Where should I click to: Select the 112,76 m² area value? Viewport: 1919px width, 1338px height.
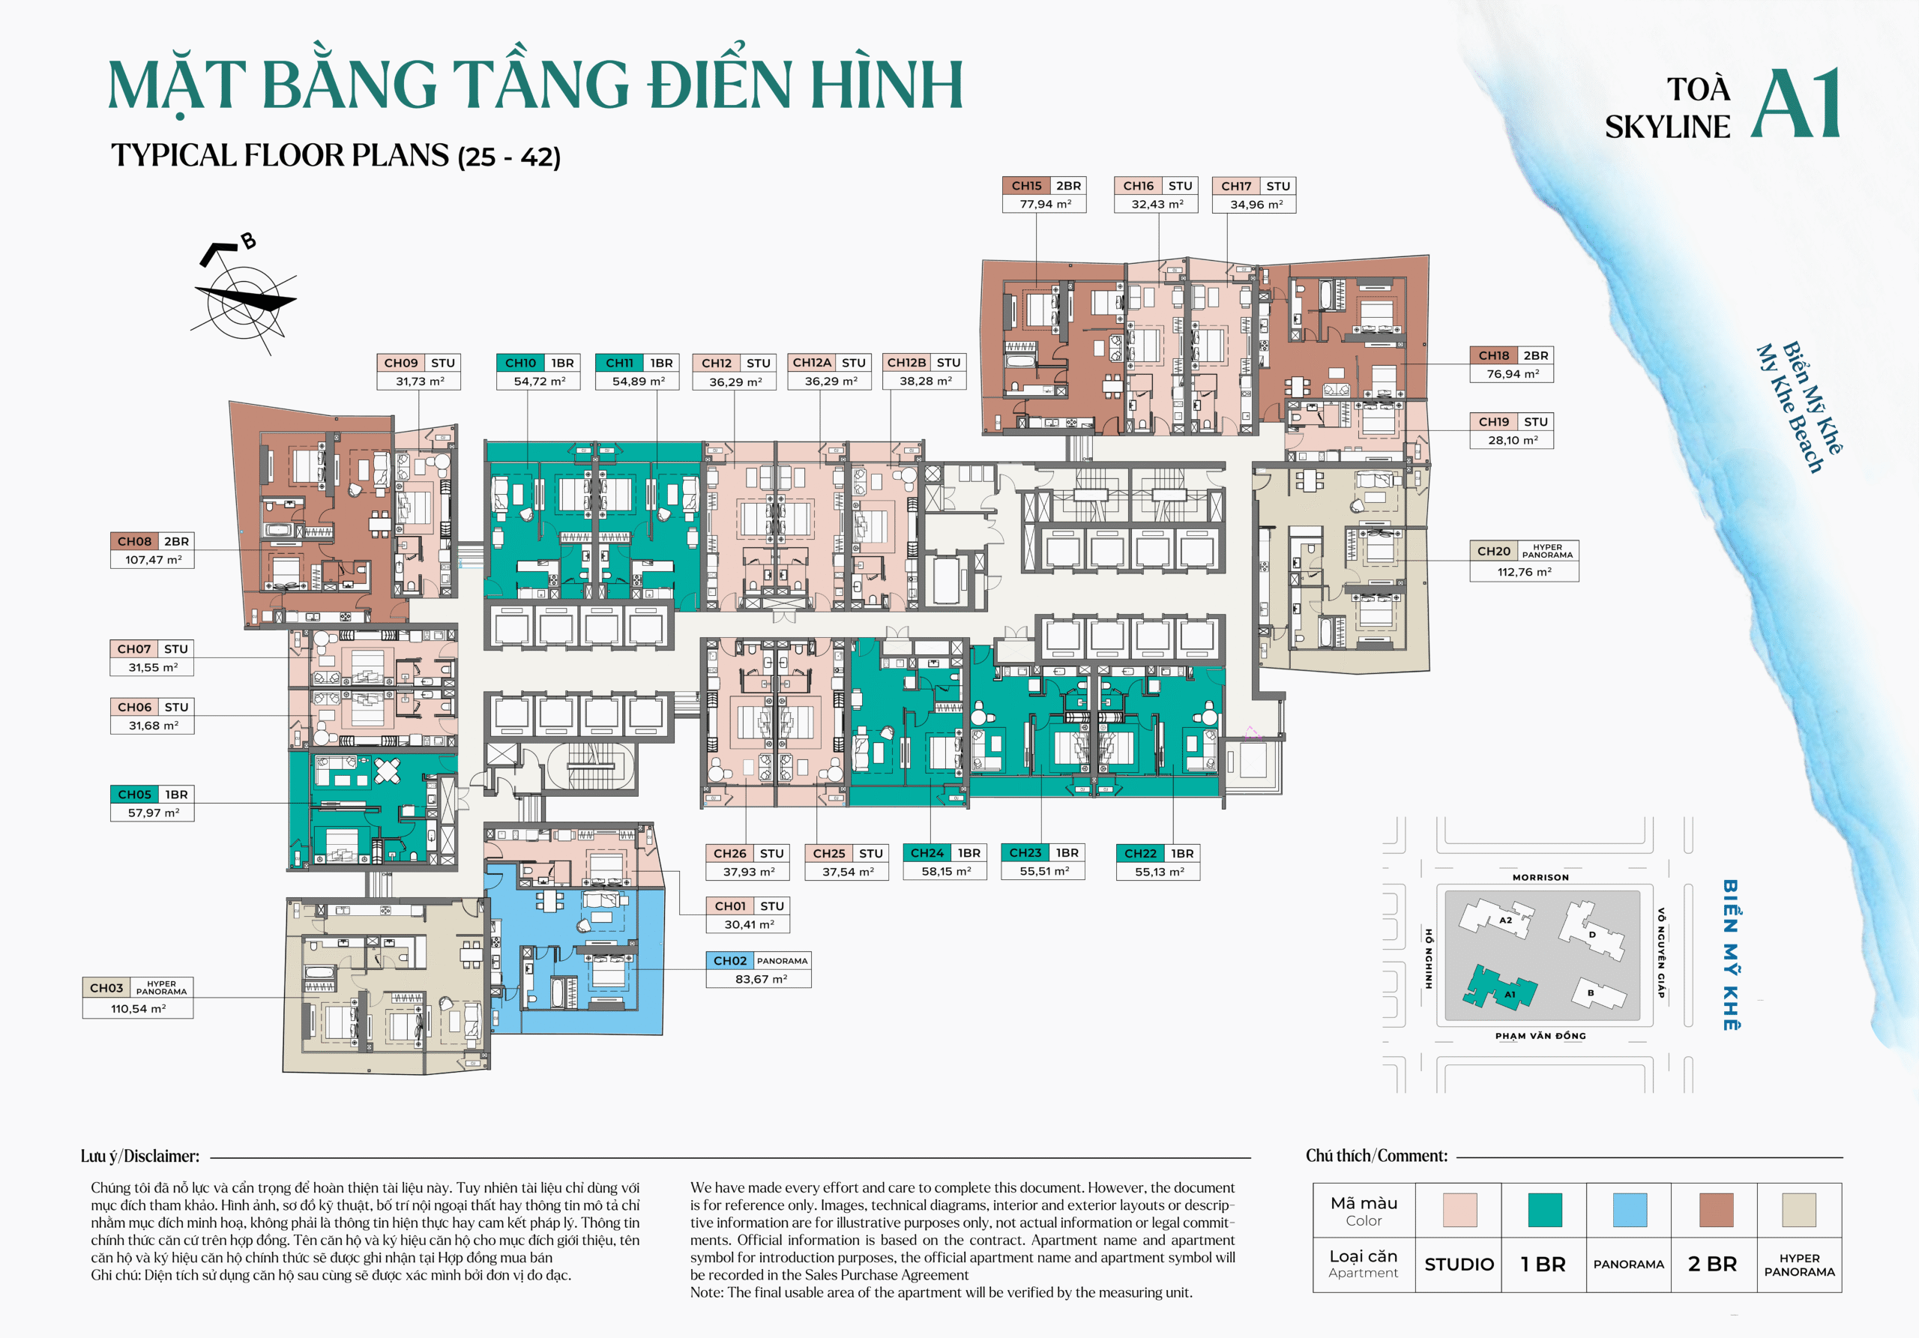tap(1524, 572)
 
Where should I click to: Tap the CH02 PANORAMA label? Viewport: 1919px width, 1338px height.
tap(758, 961)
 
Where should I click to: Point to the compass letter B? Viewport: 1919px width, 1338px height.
tap(248, 241)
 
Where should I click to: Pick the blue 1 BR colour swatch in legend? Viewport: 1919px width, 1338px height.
tap(1543, 1209)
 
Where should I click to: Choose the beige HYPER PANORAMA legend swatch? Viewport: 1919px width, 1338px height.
tap(1798, 1209)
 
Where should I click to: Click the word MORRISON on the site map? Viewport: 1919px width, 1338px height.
tap(1540, 878)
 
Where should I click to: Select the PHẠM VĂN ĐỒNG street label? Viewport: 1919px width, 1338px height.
tap(1540, 1035)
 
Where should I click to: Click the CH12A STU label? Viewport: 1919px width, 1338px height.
tap(828, 363)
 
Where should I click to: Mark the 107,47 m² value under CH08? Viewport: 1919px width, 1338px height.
tap(153, 560)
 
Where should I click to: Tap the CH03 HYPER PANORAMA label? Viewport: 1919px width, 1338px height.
tap(138, 988)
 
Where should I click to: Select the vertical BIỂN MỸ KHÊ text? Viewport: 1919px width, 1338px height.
tap(1731, 954)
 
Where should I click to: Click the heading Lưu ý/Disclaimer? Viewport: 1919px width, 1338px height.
tap(139, 1156)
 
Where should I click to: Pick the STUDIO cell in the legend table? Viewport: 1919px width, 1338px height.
tap(1458, 1265)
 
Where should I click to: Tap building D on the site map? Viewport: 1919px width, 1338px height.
tap(1592, 933)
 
